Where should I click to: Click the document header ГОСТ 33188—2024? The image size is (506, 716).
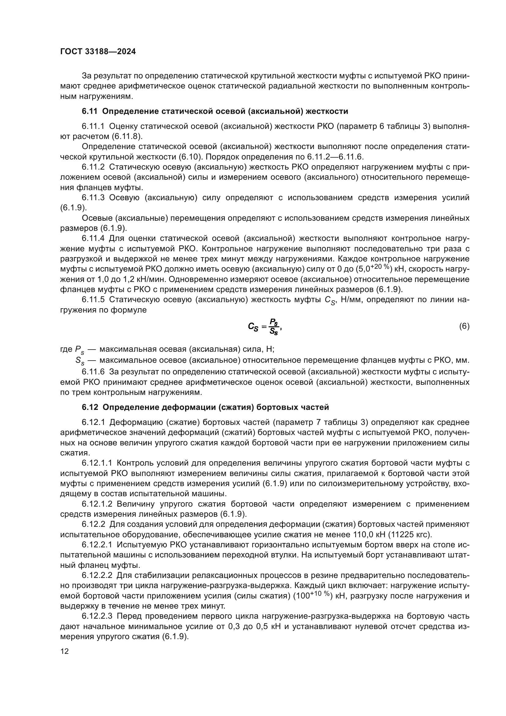(x=98, y=52)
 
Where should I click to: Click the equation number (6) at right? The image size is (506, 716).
(x=464, y=326)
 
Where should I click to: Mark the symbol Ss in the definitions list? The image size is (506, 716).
(x=80, y=361)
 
